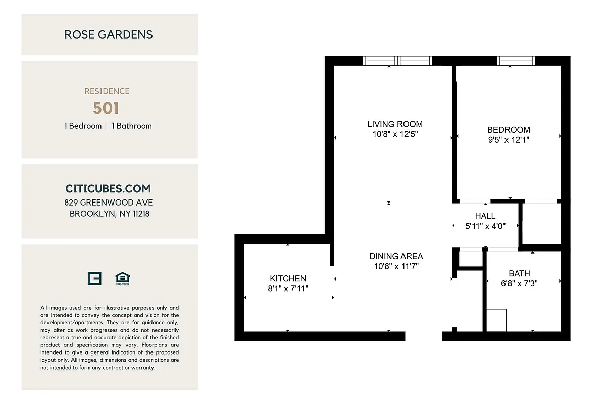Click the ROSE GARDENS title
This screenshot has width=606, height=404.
[109, 35]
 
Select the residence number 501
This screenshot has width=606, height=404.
[106, 108]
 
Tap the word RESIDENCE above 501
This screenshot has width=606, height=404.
[107, 91]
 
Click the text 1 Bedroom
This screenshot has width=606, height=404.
[83, 126]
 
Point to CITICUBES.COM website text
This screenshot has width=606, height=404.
[108, 189]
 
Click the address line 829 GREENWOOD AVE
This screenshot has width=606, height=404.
[109, 203]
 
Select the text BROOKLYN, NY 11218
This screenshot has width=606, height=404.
[110, 214]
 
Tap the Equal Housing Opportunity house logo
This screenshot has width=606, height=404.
[123, 278]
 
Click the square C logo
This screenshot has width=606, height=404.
[94, 278]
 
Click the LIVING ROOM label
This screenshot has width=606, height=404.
[395, 124]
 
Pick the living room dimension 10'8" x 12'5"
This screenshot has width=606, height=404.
[395, 134]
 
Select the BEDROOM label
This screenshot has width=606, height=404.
[509, 130]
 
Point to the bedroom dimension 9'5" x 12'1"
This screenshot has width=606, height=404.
[509, 140]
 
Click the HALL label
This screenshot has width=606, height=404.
[485, 216]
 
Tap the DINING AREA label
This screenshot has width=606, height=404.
[396, 256]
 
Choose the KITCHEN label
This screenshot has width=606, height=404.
[288, 278]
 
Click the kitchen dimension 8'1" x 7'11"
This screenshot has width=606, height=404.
[288, 289]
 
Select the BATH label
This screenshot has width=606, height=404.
[519, 273]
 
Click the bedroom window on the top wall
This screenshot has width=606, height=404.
[516, 61]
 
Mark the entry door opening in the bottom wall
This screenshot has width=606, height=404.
[423, 336]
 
